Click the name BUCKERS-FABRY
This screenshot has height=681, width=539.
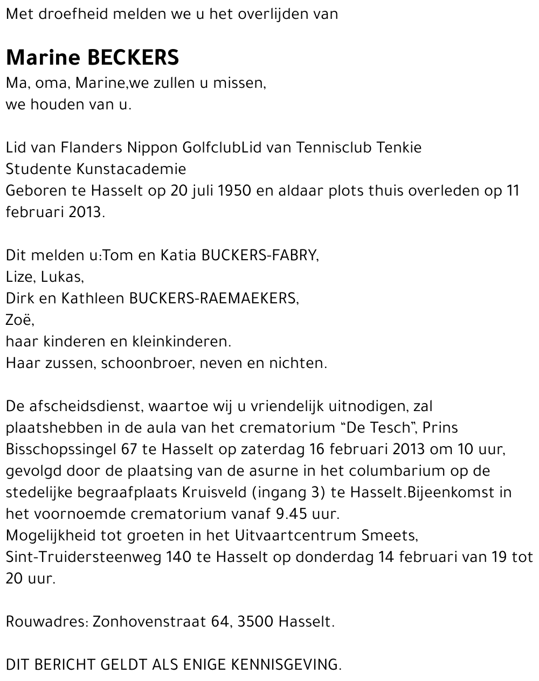click(x=259, y=255)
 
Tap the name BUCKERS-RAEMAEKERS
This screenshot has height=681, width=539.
click(x=213, y=298)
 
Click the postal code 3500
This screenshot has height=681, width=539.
click(x=255, y=621)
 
